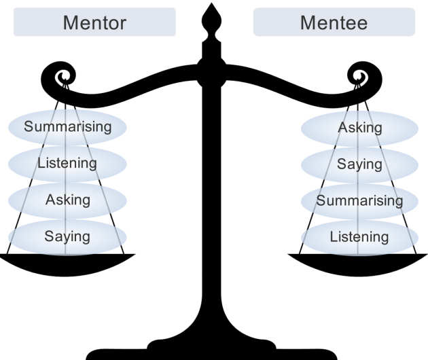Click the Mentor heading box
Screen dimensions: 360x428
tap(94, 22)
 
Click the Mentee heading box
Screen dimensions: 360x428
tap(334, 22)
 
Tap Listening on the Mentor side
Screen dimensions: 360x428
tap(67, 163)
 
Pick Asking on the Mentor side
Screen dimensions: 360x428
tap(67, 200)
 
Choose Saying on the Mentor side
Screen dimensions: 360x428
tap(67, 236)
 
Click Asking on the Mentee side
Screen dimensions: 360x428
tap(359, 127)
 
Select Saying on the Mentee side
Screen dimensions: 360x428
tap(359, 164)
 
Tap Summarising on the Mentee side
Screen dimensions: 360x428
tap(359, 200)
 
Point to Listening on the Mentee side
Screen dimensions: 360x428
tap(359, 237)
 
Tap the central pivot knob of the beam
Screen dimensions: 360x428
tap(214, 70)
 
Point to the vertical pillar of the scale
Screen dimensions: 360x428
tap(214, 204)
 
